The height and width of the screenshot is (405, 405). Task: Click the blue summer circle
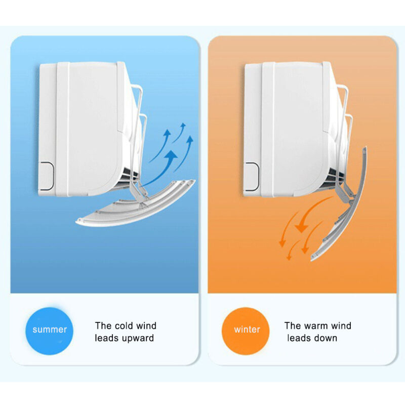coord(49,331)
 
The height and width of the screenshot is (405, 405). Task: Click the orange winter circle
coord(246,331)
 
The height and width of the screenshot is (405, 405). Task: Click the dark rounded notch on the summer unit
coord(47,176)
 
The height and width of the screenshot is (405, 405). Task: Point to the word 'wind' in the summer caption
coord(146,326)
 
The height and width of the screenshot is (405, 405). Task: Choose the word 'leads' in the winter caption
coord(298,338)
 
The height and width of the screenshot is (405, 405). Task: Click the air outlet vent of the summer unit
coord(129,176)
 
